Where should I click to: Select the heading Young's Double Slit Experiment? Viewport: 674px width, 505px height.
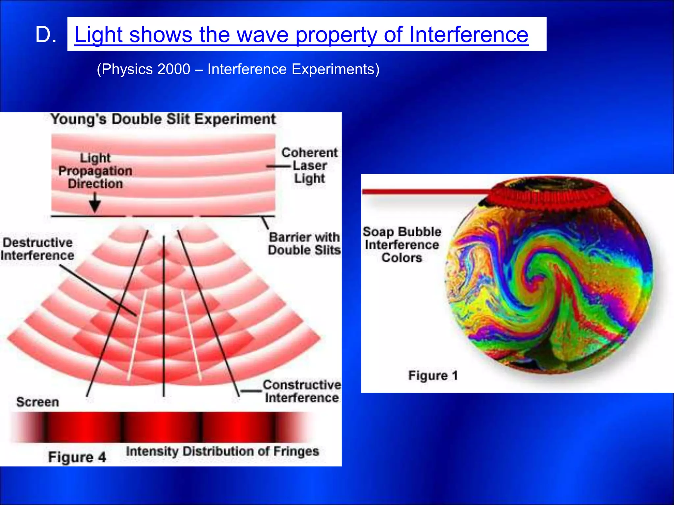pos(163,119)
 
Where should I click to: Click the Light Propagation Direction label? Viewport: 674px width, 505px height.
pos(95,171)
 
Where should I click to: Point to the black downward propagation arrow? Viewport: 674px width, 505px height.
pos(95,203)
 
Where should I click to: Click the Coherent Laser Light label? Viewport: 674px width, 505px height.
pos(309,165)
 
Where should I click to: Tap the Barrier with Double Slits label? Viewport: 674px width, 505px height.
pos(304,244)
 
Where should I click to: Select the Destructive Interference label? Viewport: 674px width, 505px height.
pos(37,249)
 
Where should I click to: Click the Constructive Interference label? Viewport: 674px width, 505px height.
pos(302,391)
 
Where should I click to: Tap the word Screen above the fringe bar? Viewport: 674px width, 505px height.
pos(38,402)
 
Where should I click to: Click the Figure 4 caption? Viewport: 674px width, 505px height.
pos(77,457)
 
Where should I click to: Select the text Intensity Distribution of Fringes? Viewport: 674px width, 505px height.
pos(222,451)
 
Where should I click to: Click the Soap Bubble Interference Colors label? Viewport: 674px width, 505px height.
pos(402,245)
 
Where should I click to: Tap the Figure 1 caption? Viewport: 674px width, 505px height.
pos(433,375)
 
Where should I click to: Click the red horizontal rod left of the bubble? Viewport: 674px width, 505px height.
pos(425,192)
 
